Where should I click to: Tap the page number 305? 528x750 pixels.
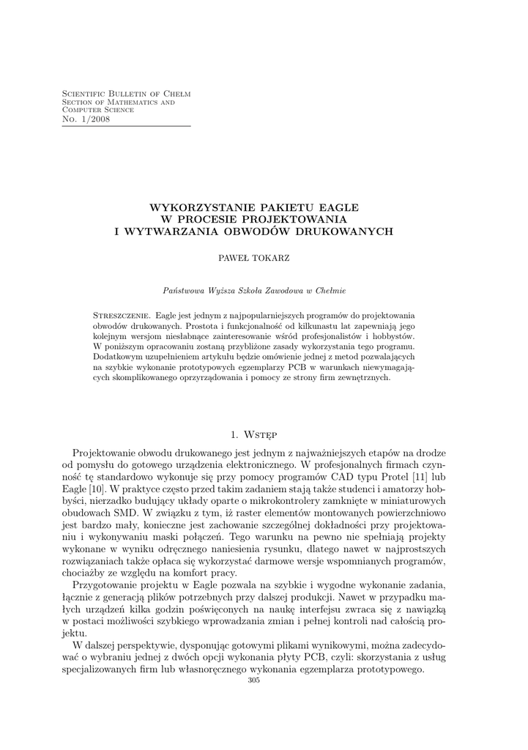(x=255, y=680)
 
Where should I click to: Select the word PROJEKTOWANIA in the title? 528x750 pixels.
(x=296, y=219)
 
